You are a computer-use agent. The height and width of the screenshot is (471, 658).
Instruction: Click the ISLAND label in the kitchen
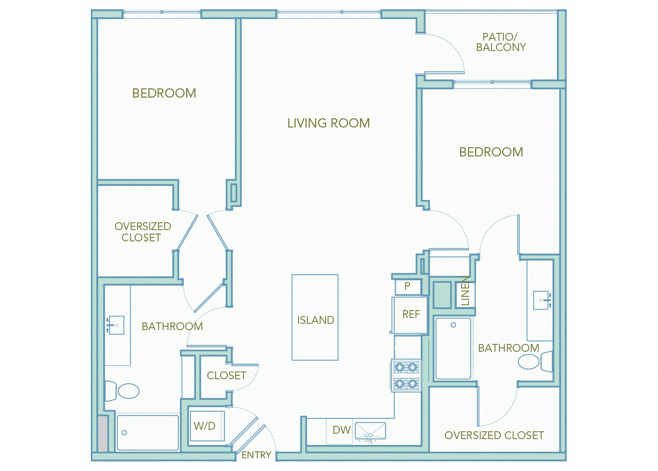[x=315, y=320]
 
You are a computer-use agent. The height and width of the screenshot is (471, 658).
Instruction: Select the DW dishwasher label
[x=341, y=430]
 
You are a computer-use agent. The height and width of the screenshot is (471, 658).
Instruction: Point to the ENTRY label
[x=256, y=455]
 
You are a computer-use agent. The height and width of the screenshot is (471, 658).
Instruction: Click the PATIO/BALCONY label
[x=500, y=42]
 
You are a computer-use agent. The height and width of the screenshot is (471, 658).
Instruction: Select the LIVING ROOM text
[x=329, y=123]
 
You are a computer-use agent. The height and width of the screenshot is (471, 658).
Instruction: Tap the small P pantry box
[x=408, y=286]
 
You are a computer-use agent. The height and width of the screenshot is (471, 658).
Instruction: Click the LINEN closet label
[x=465, y=291]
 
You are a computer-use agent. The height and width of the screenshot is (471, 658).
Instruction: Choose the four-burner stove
[x=406, y=375]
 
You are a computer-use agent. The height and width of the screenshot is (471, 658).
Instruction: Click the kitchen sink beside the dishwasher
[x=371, y=431]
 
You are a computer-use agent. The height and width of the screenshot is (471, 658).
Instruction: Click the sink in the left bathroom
[x=116, y=325]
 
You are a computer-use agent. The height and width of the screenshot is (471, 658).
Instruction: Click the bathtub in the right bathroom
[x=453, y=349]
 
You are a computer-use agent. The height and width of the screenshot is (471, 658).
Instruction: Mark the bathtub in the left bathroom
[x=148, y=433]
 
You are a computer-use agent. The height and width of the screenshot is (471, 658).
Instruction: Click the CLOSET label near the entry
[x=226, y=375]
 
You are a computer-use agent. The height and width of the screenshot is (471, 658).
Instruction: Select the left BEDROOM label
[x=164, y=93]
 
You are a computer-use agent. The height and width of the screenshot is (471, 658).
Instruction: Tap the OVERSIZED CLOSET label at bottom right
[x=494, y=435]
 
